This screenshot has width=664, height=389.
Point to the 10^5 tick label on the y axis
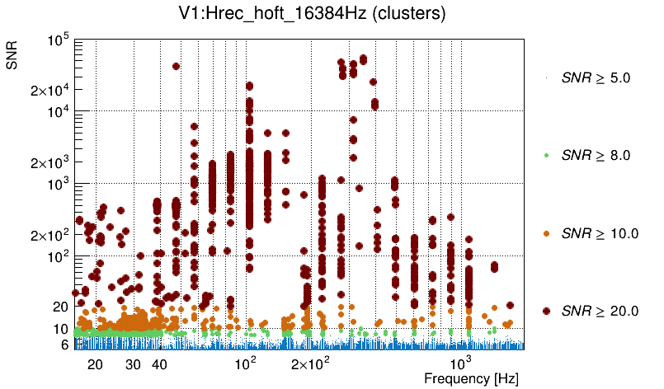point(57,40)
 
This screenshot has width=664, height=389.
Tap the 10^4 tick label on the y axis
point(57,112)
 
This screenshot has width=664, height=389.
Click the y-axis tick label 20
point(60,307)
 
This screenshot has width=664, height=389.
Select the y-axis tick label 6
point(64,344)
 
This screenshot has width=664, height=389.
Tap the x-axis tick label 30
point(134,364)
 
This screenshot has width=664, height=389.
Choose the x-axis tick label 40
point(160,364)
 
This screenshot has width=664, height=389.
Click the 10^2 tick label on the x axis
point(246,363)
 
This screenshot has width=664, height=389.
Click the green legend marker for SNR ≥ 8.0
point(547,155)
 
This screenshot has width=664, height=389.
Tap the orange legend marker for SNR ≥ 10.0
point(547,233)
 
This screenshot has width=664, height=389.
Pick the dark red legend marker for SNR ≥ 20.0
point(547,311)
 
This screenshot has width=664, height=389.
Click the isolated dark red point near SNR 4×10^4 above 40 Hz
point(176,67)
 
